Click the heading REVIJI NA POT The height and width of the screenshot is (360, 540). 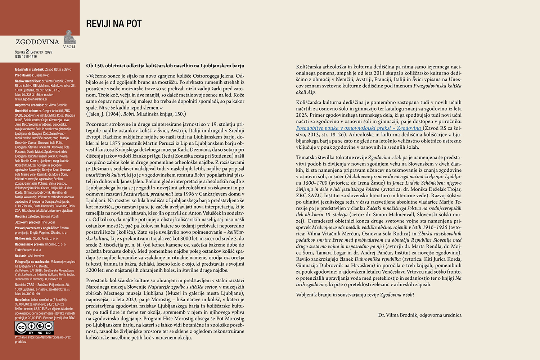point(114,24)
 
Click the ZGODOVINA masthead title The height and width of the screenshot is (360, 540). point(37,42)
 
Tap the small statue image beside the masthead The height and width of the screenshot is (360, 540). point(69,37)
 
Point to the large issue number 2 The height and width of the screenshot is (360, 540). point(27,52)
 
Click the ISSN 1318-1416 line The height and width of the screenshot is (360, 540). point(26,57)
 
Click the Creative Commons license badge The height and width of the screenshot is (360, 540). point(34,328)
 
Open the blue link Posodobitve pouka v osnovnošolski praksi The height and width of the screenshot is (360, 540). point(359,128)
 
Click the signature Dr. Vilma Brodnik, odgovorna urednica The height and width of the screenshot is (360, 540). point(420,315)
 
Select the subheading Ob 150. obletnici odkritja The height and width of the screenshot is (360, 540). point(165,66)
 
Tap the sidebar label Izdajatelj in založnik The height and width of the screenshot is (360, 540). point(30,69)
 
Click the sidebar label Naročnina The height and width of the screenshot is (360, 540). point(23,300)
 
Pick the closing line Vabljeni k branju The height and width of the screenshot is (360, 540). point(355,294)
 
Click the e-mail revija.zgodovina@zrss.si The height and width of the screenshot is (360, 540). point(31,99)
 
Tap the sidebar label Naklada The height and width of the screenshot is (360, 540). point(21,256)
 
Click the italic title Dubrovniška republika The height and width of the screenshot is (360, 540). point(378,259)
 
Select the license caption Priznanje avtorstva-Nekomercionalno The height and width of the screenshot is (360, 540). point(42,337)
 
